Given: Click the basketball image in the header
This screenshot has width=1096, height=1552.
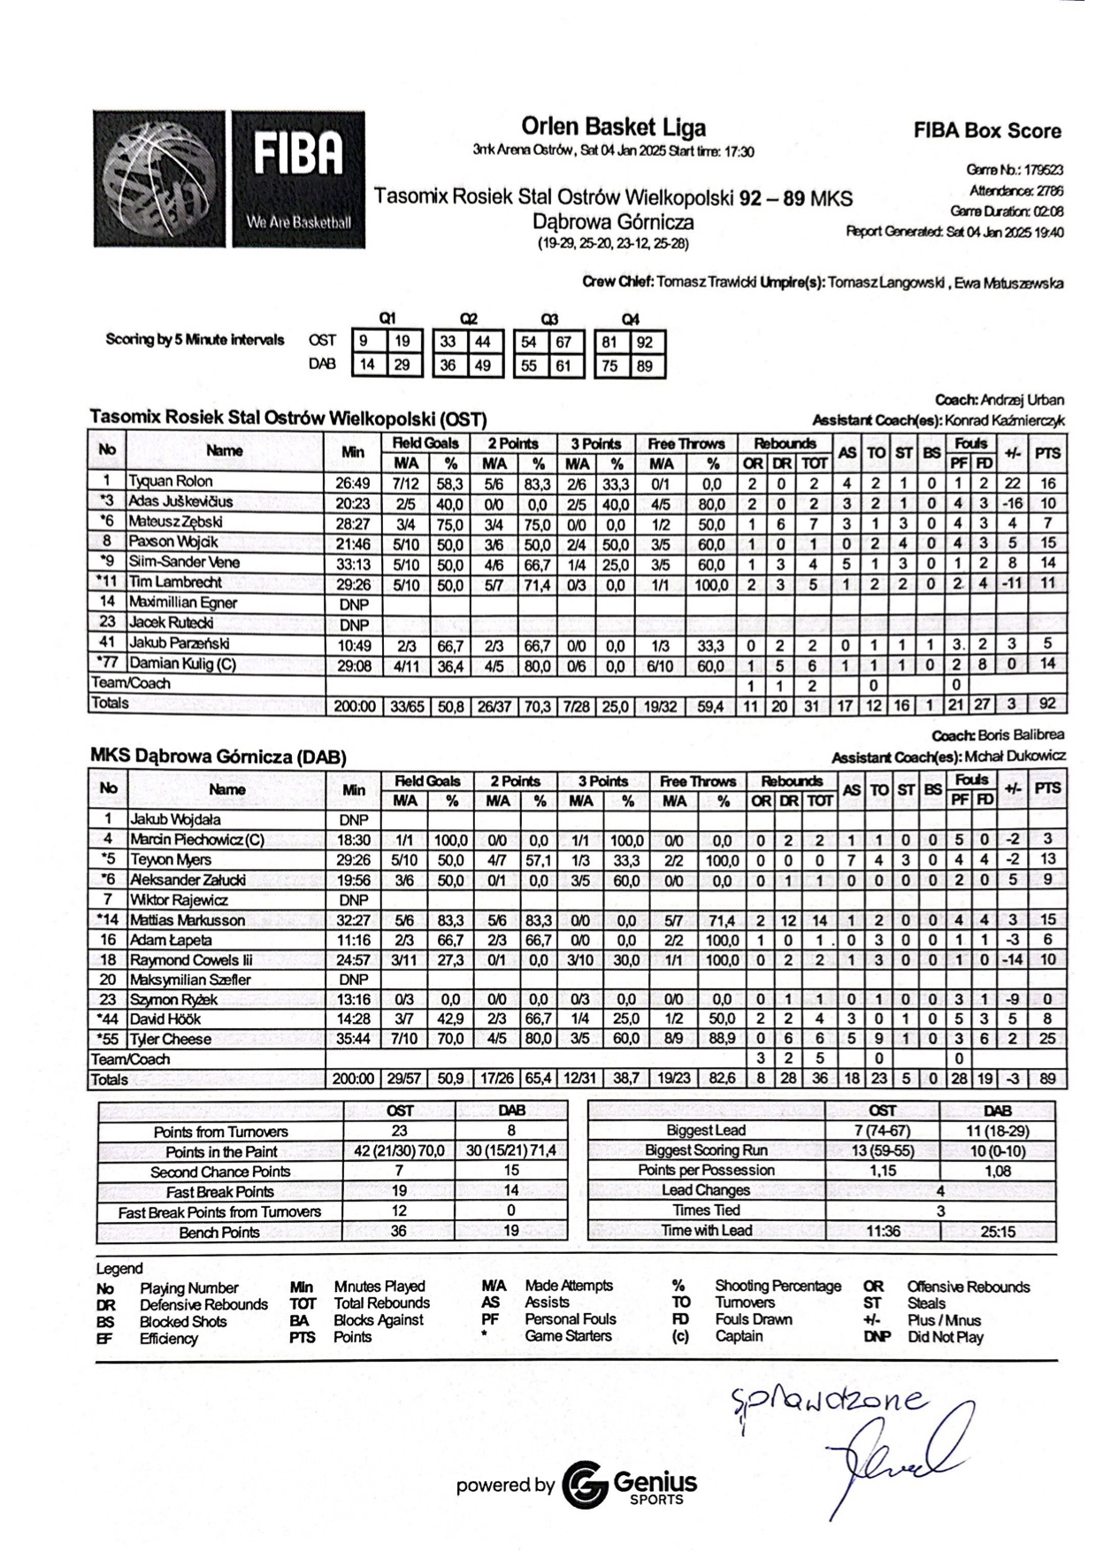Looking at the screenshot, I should (x=160, y=179).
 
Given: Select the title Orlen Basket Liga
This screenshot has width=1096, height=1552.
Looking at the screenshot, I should (x=613, y=127).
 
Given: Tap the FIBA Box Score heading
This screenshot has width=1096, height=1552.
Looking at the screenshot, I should (x=987, y=131).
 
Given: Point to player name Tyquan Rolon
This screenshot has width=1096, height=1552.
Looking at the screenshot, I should (x=171, y=481).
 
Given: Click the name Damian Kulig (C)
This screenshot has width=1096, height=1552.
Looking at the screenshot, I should (x=182, y=664).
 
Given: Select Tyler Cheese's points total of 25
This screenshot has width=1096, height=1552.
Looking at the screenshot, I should (x=1047, y=1039).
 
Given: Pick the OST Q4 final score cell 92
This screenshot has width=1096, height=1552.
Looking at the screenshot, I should (x=644, y=342).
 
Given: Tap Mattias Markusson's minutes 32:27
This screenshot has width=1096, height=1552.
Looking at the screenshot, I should (x=353, y=920).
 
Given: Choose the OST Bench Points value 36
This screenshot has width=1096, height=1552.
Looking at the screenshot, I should (x=399, y=1232).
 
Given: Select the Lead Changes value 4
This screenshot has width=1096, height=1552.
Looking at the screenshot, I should (x=940, y=1190).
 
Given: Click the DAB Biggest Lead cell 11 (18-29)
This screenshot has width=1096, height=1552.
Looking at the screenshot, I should (x=997, y=1130).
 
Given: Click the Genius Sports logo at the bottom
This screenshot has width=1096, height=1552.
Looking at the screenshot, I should (x=629, y=1484).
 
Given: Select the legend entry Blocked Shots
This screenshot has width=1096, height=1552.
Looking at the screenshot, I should (x=183, y=1321).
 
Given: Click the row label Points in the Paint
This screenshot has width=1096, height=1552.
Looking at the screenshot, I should (x=221, y=1151).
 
